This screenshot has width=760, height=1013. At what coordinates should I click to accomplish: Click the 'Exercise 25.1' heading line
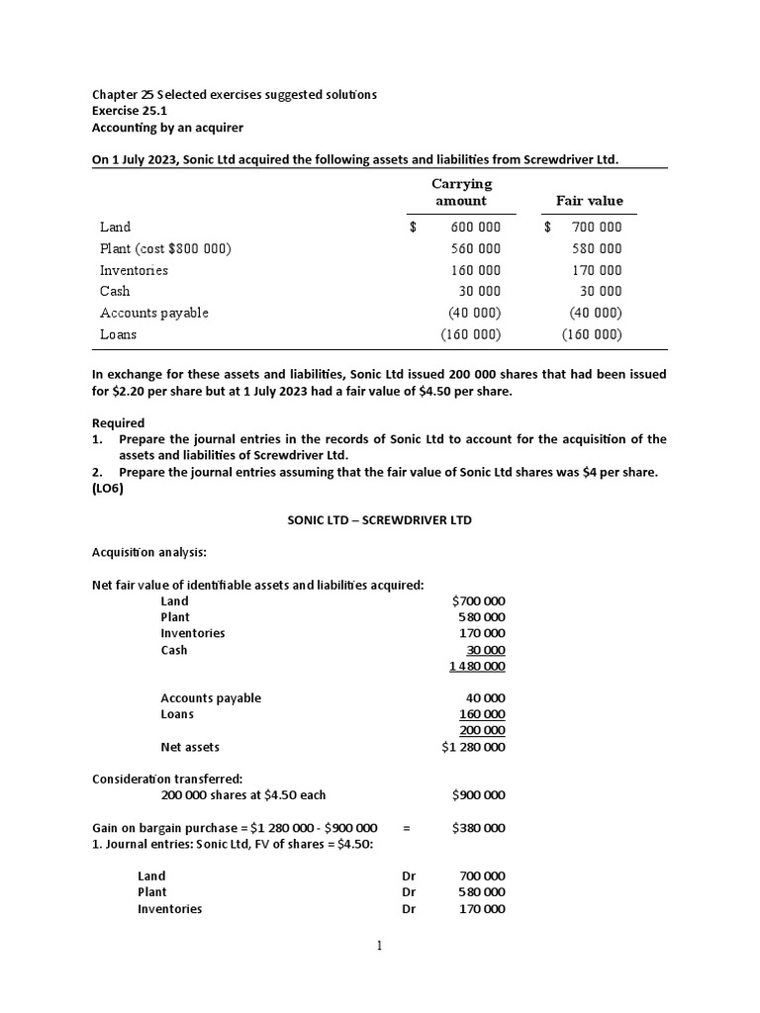[x=133, y=111]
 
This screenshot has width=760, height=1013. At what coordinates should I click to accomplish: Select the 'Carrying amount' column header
[x=461, y=192]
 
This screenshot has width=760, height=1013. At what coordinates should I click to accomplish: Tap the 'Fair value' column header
[x=589, y=201]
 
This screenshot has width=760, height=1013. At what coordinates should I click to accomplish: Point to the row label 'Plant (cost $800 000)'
[x=165, y=248]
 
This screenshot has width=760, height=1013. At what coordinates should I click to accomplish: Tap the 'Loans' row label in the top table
[x=119, y=334]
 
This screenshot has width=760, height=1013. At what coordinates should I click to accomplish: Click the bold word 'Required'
[x=118, y=423]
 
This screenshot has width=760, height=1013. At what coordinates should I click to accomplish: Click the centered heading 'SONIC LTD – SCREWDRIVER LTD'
[x=379, y=520]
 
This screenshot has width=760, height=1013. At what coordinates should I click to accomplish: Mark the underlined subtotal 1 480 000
[x=477, y=666]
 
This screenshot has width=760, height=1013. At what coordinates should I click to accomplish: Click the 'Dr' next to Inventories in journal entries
[x=409, y=908]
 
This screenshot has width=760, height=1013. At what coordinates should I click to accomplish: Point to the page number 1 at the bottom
[x=378, y=946]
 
